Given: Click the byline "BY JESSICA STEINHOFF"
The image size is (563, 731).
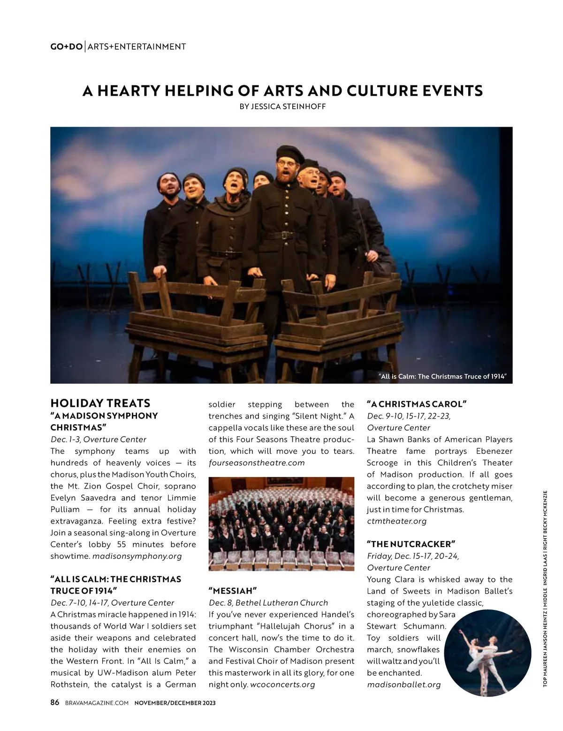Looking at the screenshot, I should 282,107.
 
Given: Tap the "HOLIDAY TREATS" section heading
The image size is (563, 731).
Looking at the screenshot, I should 100,404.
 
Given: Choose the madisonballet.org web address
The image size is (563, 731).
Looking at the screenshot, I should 404,685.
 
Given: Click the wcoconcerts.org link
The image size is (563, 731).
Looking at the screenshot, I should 282,685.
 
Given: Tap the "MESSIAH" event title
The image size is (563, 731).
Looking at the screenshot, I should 233,591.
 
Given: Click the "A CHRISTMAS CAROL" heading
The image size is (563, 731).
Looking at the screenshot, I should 417,404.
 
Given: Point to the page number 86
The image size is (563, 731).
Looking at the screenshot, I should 55,702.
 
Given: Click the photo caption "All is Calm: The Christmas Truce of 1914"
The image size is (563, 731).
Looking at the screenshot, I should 443,376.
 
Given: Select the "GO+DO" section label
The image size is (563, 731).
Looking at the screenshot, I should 66,46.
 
